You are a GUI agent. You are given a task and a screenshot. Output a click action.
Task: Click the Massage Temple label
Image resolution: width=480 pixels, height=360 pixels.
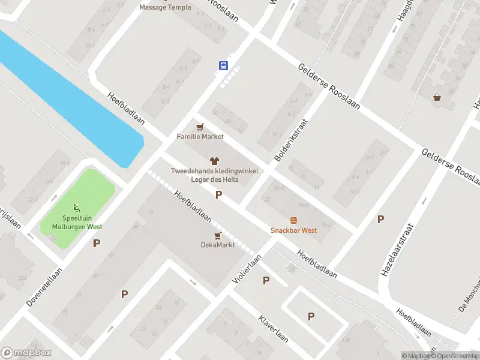coord(166,7)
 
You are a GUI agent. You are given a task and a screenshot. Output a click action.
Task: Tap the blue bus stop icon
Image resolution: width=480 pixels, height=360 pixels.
coord(223,65)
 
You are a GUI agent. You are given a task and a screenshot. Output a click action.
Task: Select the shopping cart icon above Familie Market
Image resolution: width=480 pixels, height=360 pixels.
coord(200,127)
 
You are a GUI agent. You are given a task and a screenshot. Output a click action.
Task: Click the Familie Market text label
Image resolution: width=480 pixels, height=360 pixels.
coord(200,137)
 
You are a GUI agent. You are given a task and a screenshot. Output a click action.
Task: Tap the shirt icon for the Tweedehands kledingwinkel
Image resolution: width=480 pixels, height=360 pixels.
coord(214,161)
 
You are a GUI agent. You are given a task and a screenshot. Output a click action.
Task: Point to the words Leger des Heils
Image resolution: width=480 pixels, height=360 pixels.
coord(214,179)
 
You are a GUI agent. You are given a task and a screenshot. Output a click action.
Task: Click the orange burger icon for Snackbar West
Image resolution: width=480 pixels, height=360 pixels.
coord(293,220)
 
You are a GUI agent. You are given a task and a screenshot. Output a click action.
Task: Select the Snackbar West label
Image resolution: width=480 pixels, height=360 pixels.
coord(293,230)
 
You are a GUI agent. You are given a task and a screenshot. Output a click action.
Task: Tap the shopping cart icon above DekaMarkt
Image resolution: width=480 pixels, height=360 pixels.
coord(217,235)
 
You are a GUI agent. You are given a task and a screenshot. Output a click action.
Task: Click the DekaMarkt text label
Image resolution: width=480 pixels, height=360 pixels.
coord(217,245)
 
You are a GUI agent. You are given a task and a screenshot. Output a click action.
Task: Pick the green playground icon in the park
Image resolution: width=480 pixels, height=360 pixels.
coord(76,208)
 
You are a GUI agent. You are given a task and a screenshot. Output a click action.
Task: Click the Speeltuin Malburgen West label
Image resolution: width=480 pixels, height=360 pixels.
coord(76,223)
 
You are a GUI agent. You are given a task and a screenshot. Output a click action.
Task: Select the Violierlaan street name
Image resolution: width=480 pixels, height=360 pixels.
coord(248,269)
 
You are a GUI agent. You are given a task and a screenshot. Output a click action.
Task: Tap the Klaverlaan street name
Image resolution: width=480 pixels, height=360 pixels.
coord(274,328)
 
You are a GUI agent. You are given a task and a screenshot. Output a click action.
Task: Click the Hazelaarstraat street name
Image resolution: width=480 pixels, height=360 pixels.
coord(397,250)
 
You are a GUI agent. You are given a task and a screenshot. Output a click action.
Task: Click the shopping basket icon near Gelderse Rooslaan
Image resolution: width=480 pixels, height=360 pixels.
coord(437,97)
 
